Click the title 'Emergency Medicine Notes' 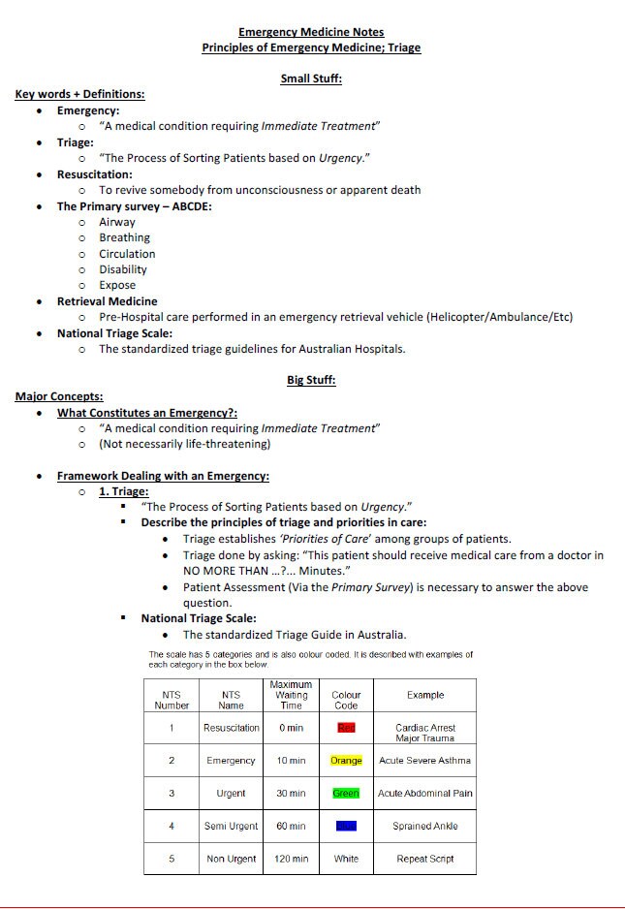point(311,32)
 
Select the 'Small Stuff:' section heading point(311,78)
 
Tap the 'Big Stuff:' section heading point(311,380)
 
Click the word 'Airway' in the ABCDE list point(117,222)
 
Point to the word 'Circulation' point(127,254)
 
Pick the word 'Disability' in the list point(123,269)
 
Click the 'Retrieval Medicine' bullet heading point(107,301)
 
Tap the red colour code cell point(346,728)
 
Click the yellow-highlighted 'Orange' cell point(346,761)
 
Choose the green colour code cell point(346,794)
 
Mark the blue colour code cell point(346,826)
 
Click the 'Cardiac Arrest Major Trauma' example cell point(425,733)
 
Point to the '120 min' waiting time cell point(291,859)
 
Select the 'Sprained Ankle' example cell point(425,827)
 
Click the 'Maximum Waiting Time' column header point(291,695)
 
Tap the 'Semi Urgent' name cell point(231,826)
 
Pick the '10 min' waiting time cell point(291,761)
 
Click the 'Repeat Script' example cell point(425,859)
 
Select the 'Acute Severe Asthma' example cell point(425,761)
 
